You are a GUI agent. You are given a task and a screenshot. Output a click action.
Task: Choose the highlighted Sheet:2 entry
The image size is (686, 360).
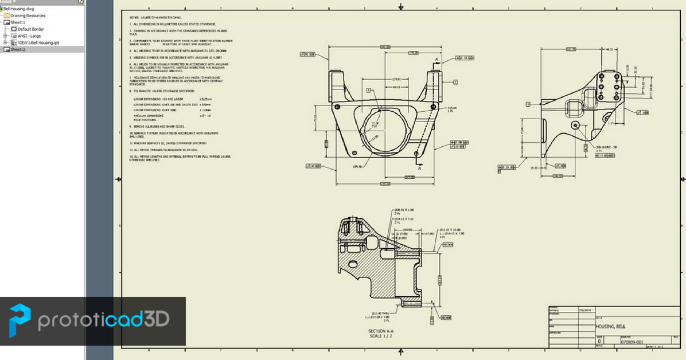pos(18,49)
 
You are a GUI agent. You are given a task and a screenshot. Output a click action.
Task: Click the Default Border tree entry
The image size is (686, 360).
pos(30,29)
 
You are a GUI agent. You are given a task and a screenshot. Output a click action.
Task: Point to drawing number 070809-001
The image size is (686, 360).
pos(632,342)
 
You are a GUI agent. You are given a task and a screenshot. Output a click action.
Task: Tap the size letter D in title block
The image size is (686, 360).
pos(599,342)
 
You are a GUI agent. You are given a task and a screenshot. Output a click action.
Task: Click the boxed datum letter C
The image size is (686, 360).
pos(455,82)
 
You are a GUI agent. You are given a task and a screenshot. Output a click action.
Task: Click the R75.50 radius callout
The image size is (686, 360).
pos(357,167)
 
